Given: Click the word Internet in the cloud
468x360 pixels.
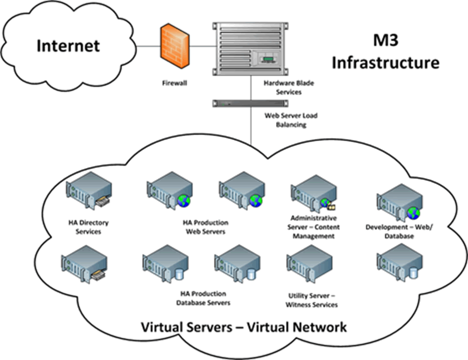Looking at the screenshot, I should point(68,45).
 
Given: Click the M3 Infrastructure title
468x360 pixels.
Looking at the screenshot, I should point(385,51).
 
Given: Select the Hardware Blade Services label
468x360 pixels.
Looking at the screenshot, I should point(283,87).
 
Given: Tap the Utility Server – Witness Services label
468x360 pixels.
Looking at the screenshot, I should point(312,300).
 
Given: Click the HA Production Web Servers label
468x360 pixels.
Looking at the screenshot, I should point(205,227).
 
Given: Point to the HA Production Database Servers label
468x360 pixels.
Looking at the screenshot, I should point(203,298).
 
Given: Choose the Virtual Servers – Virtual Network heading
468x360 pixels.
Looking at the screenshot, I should point(244,327).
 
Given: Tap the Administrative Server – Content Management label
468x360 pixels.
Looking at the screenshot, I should point(315,227).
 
